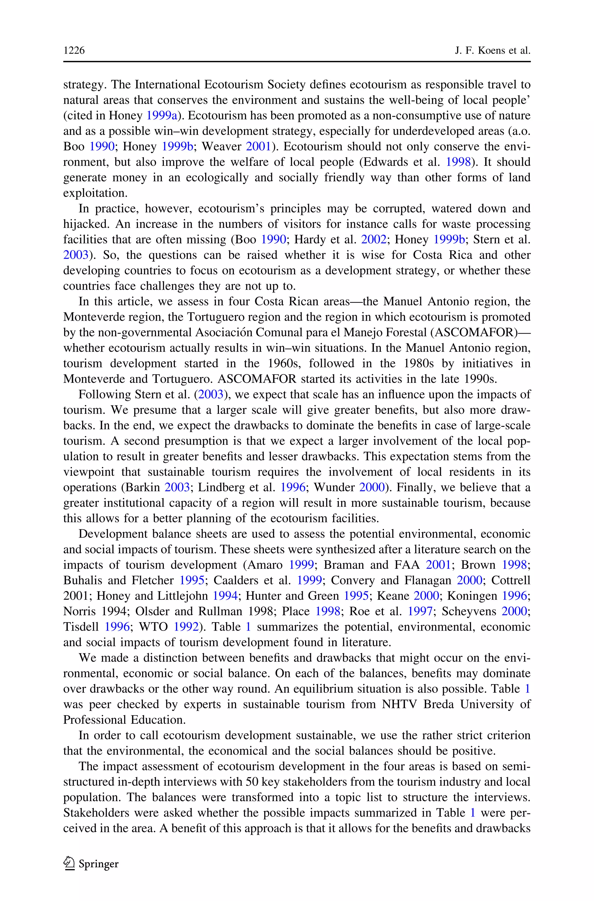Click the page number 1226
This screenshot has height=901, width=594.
click(74, 50)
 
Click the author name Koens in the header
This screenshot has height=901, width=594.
click(491, 50)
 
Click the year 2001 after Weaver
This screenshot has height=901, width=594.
click(259, 147)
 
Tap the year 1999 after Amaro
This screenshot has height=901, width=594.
click(301, 565)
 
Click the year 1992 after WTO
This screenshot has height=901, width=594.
click(186, 627)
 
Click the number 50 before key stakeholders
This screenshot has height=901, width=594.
click(252, 782)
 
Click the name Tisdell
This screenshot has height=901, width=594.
click(81, 627)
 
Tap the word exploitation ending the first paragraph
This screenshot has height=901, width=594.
click(95, 193)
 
